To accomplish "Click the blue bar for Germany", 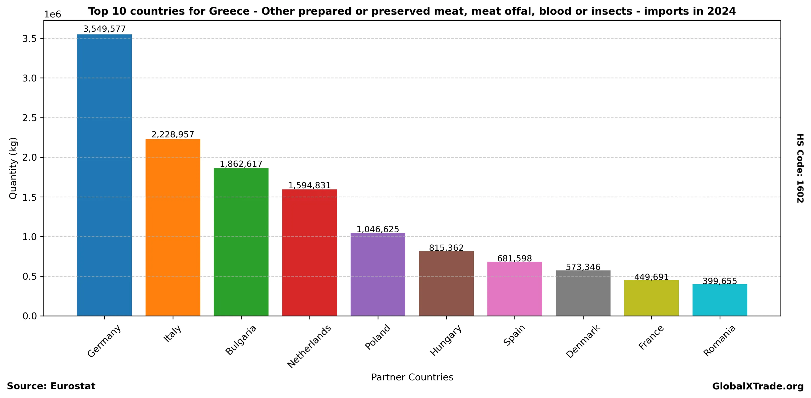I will [104, 175].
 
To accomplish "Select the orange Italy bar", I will [173, 227].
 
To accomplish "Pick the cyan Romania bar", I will [720, 300].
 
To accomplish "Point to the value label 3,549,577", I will [104, 29].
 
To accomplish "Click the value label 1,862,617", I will [241, 164].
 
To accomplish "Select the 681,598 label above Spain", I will [514, 258].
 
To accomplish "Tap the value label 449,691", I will [651, 277].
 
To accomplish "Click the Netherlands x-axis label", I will [309, 346].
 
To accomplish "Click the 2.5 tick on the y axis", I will [29, 118].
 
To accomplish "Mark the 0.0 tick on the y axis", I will [29, 316].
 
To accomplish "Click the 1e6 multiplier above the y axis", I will [52, 15].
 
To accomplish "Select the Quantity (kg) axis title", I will [13, 168].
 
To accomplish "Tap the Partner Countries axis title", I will [412, 377].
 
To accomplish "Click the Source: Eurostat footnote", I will [51, 386].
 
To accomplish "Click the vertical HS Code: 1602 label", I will [800, 168].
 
